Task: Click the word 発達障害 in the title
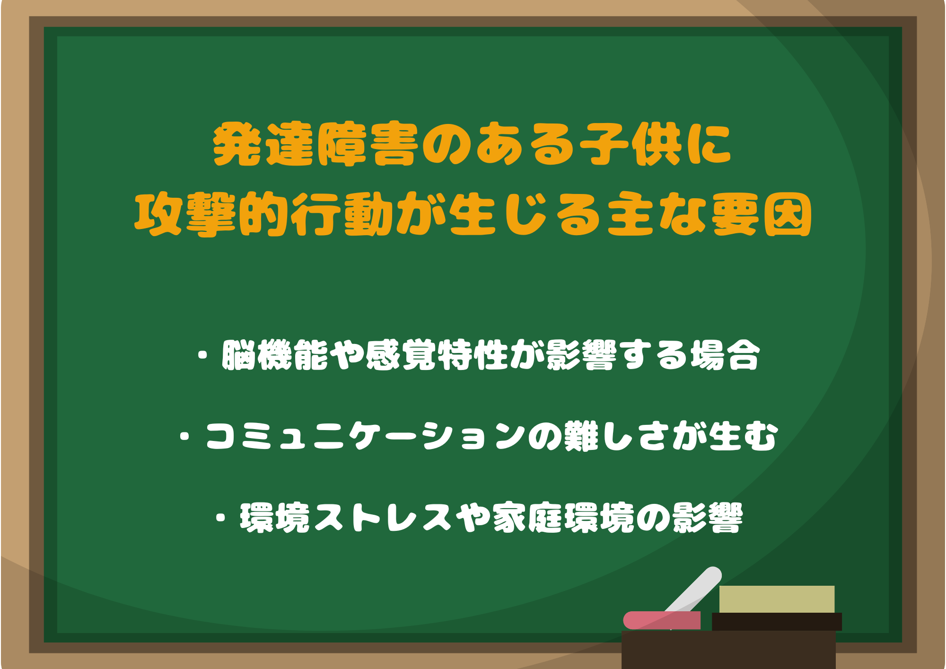(316, 144)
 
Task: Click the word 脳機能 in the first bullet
(275, 355)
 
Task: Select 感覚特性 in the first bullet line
(437, 355)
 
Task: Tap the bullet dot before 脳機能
(203, 355)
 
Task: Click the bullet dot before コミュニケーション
(185, 436)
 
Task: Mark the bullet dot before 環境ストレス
(220, 518)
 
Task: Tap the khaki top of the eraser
(777, 599)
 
